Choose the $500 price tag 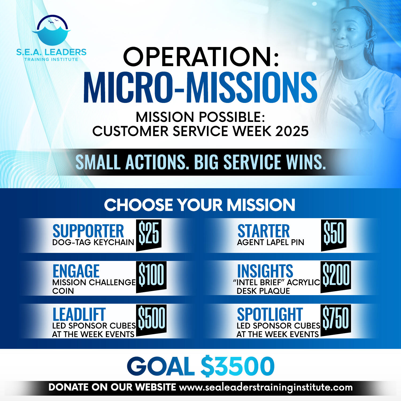(151, 319)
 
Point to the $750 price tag (336, 319)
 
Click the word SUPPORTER (88, 231)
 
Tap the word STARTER (263, 231)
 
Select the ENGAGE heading (76, 271)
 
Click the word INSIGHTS (265, 271)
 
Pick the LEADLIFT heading (79, 314)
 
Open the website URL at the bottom (266, 387)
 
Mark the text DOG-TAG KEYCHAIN (93, 242)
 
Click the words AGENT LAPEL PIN (271, 242)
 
